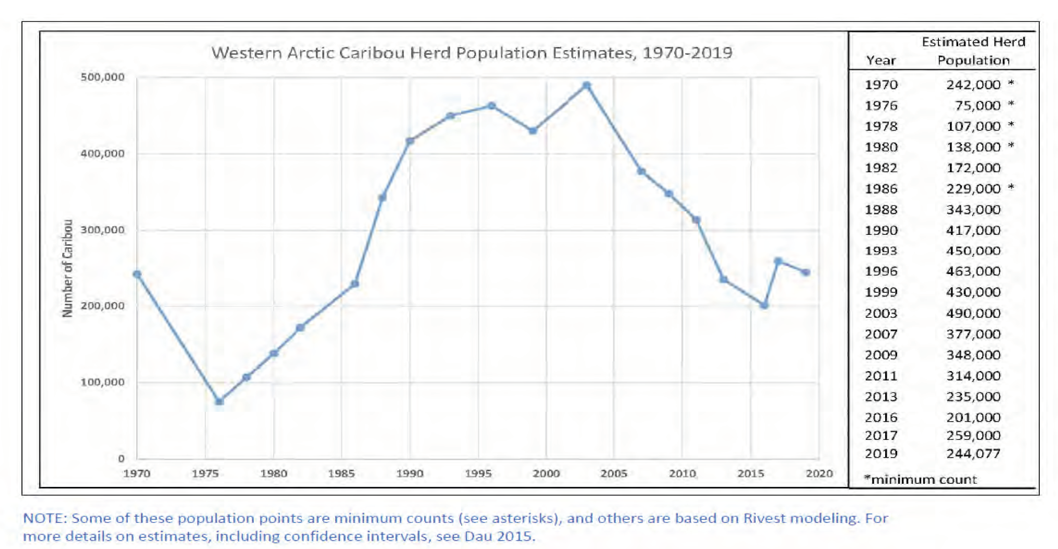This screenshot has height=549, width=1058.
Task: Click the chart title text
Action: point(472,53)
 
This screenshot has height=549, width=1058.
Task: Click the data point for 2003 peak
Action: point(586,86)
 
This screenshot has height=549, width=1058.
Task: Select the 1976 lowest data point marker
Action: point(219,401)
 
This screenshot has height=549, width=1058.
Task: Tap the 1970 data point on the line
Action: point(137,274)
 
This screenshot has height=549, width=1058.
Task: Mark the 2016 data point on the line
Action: point(764,305)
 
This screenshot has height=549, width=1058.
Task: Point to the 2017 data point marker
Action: point(778,261)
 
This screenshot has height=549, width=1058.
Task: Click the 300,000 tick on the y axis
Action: point(102,230)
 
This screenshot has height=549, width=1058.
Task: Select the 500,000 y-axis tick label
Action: point(102,77)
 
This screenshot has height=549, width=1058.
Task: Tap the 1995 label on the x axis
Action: point(478,473)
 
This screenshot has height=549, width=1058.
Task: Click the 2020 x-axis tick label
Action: point(819,473)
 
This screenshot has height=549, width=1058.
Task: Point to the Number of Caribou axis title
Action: point(67,268)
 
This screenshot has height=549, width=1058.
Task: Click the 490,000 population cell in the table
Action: point(973,313)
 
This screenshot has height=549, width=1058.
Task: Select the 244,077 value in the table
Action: point(973,453)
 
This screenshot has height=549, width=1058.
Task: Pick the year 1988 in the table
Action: point(881,209)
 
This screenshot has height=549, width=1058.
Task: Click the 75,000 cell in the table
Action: point(977,105)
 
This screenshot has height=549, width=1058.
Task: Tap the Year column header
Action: point(881,61)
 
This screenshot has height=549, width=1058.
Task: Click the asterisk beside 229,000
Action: point(1011,187)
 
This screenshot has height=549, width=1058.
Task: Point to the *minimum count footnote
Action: point(920,479)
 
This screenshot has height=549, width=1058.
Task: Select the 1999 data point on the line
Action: point(533,131)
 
